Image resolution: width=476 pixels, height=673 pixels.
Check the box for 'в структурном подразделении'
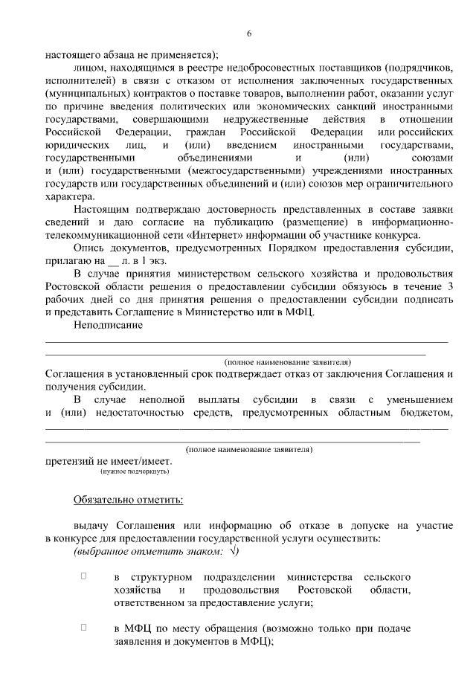pyautogui.click(x=84, y=576)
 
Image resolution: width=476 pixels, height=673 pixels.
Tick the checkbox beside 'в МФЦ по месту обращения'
pyautogui.click(x=84, y=628)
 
